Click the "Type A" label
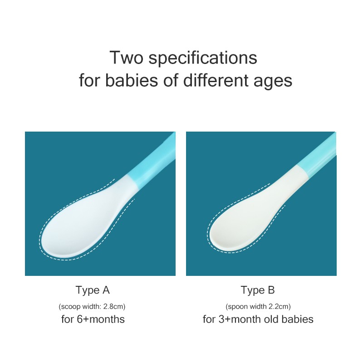click(x=93, y=290)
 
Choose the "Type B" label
click(x=258, y=290)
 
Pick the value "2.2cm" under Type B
click(x=278, y=306)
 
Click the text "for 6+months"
click(x=93, y=319)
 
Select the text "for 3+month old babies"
click(x=258, y=319)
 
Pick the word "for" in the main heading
click(x=90, y=81)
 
